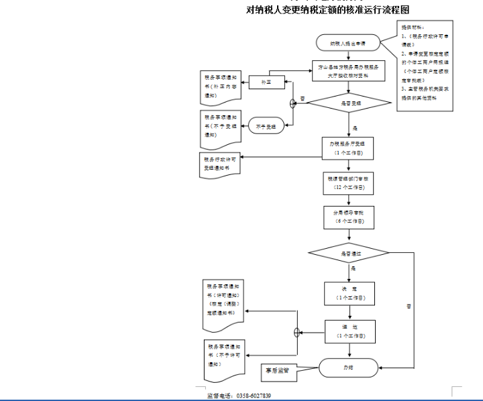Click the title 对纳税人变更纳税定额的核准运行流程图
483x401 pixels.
click(x=328, y=9)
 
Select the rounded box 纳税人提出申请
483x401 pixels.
click(x=347, y=42)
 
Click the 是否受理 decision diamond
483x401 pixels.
click(x=347, y=103)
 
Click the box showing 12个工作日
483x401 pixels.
click(x=347, y=184)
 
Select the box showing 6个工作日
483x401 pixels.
click(x=347, y=217)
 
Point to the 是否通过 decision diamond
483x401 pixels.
click(x=347, y=253)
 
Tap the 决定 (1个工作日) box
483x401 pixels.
click(x=347, y=292)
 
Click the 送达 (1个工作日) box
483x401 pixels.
click(x=347, y=331)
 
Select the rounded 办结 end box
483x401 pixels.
click(x=347, y=367)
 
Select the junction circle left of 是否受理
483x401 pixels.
click(x=293, y=103)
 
